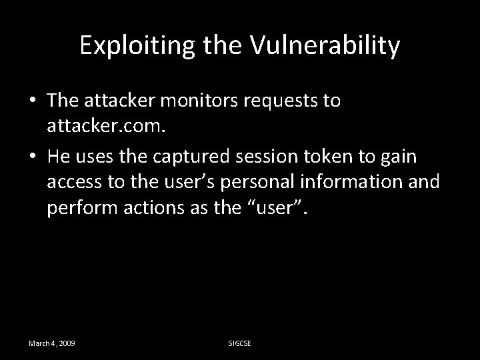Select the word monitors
pyautogui.click(x=213, y=101)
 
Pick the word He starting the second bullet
pyautogui.click(x=59, y=157)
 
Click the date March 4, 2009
pyautogui.click(x=51, y=343)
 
